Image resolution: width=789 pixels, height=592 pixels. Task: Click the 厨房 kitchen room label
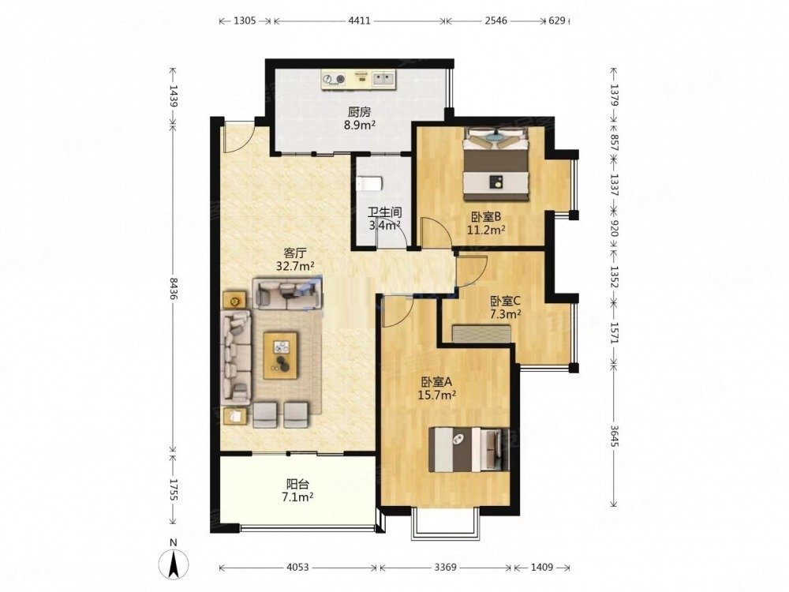click(x=359, y=112)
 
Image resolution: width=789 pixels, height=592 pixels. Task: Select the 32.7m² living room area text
click(x=295, y=266)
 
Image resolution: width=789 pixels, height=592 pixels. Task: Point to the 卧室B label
click(x=485, y=217)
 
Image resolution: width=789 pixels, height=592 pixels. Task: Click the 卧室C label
click(x=505, y=302)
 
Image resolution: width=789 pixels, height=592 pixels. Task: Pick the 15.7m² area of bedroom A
click(x=437, y=395)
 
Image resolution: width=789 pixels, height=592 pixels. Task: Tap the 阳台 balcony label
click(x=297, y=485)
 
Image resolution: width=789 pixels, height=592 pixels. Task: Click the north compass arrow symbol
click(x=173, y=564)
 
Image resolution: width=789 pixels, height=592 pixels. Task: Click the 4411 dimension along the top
click(x=359, y=21)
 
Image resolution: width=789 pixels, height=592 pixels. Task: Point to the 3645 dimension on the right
click(x=614, y=436)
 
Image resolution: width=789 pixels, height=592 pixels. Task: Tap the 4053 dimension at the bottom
click(x=298, y=568)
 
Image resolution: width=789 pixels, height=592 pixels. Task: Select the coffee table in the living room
click(x=281, y=354)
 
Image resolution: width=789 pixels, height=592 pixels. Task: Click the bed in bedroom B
click(x=496, y=163)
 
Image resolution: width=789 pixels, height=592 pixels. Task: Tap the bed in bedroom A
click(x=469, y=450)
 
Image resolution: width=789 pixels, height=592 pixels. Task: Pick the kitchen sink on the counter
click(x=384, y=79)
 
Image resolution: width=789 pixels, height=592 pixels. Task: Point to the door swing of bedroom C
click(x=472, y=270)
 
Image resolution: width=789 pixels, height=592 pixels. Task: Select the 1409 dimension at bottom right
click(x=541, y=568)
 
